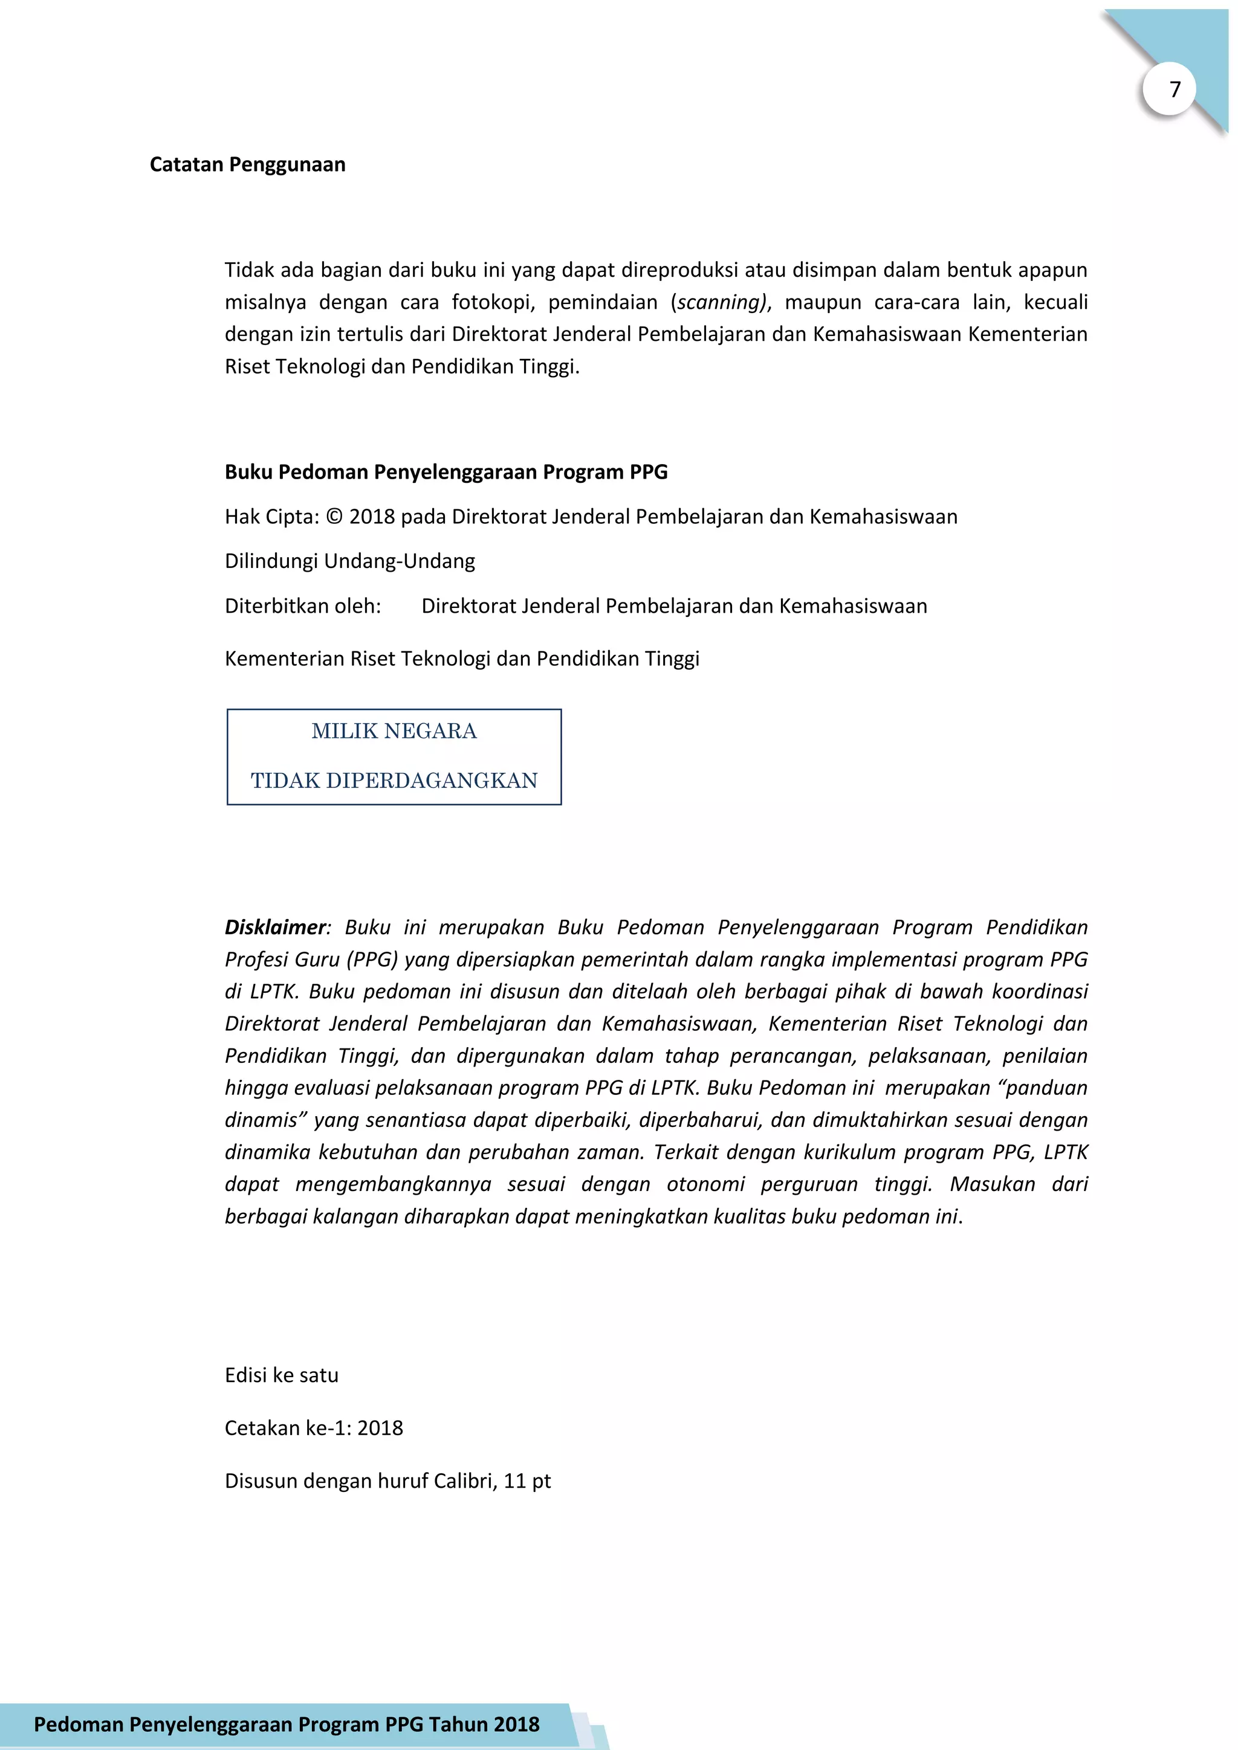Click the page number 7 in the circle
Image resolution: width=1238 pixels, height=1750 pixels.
[x=1175, y=90]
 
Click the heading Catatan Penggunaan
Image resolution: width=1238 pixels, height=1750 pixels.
[x=247, y=164]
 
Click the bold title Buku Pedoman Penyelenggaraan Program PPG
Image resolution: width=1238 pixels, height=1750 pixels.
[x=446, y=472]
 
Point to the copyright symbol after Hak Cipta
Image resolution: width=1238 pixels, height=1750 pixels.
[x=334, y=517]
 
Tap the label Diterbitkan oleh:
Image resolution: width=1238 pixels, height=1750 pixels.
[x=303, y=606]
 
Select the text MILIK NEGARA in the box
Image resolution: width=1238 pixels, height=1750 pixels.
[x=394, y=731]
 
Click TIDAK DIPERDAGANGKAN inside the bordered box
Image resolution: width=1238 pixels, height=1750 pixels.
[x=394, y=781]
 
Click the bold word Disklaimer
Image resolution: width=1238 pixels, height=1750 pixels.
[x=274, y=928]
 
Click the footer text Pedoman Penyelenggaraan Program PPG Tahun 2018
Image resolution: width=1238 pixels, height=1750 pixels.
[x=287, y=1724]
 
